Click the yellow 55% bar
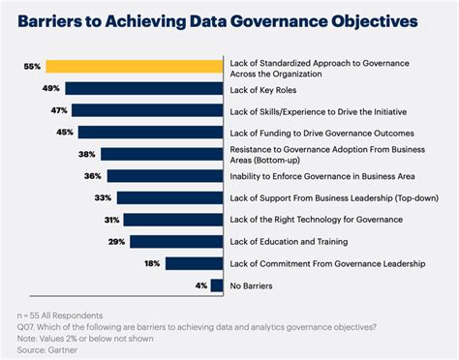(x=136, y=67)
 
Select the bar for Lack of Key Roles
(x=142, y=88)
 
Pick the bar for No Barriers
(x=214, y=285)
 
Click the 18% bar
(x=192, y=263)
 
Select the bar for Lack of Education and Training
(x=175, y=241)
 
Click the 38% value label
(x=87, y=154)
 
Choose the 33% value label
(x=103, y=197)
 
